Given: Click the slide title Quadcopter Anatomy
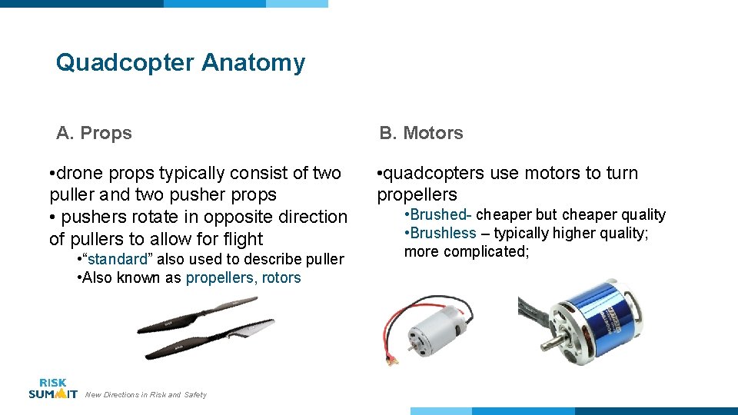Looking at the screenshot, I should point(180,62).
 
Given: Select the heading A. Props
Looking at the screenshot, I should point(94,133).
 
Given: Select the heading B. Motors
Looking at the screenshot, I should point(421,133).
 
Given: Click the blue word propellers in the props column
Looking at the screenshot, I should point(219,277).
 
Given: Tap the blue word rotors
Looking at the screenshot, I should point(281,277).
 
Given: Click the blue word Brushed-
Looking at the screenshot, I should point(440,214).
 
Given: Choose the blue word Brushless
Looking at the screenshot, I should point(443,233).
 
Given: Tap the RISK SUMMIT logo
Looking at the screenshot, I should point(52,388).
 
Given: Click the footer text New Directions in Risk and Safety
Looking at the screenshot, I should point(146,395).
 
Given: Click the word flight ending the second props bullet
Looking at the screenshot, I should point(241,239).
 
